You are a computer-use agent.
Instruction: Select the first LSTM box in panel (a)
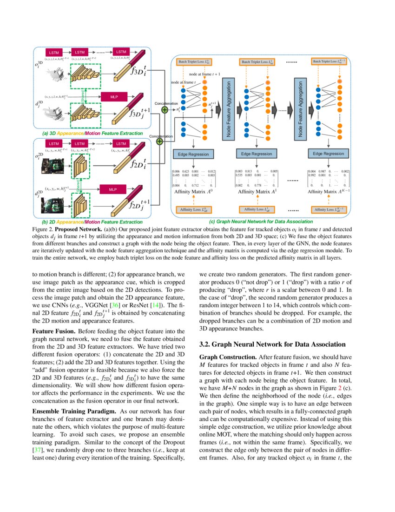coord(54,52)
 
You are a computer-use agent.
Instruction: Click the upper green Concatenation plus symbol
coord(165,110)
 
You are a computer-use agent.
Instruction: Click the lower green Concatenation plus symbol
coord(159,141)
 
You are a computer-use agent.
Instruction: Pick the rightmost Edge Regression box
coord(328,154)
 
